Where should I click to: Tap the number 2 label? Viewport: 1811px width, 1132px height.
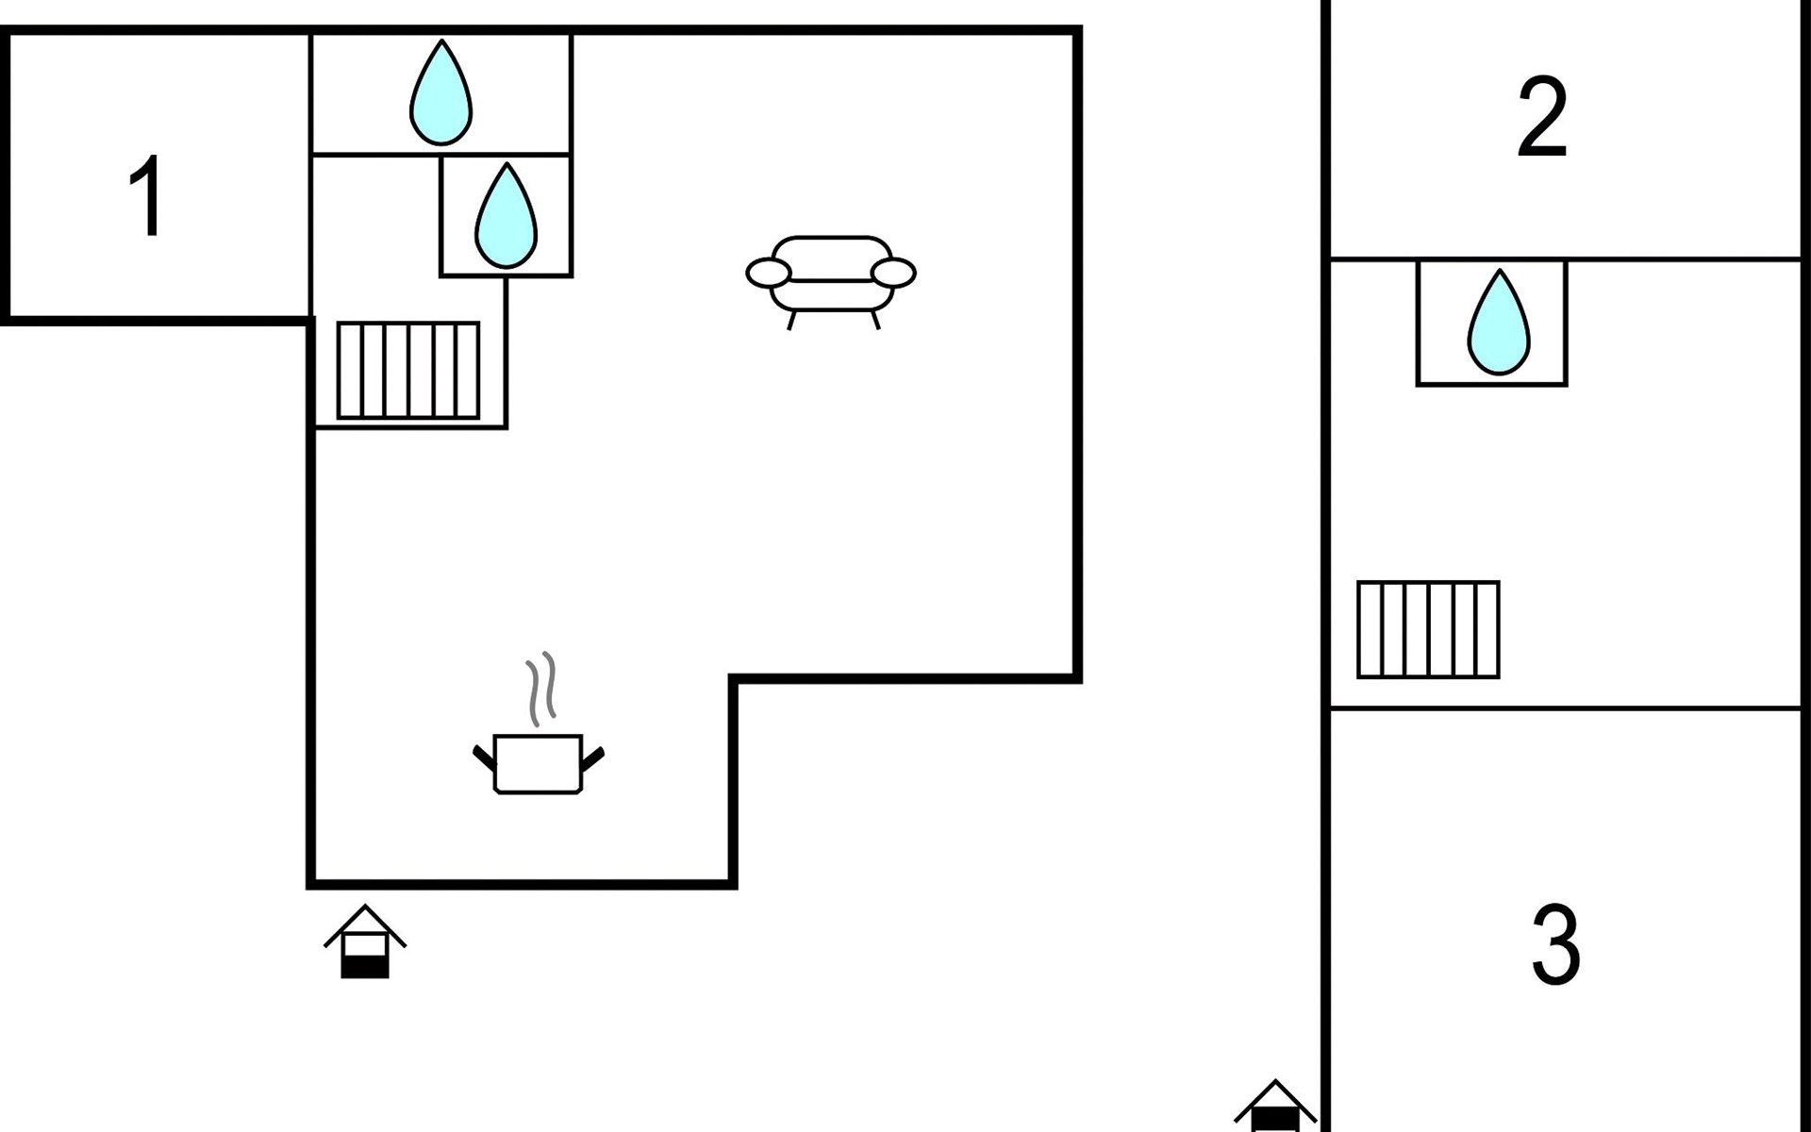1542,117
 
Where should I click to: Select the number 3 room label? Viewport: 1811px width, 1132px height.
1555,943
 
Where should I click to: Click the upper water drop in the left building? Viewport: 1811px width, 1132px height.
440,92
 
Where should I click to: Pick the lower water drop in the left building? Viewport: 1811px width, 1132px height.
506,216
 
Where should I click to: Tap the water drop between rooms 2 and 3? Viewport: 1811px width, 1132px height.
1499,322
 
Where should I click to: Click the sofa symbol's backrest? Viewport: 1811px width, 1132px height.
831,255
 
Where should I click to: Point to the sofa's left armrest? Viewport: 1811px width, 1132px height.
769,274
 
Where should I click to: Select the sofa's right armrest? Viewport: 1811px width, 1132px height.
893,274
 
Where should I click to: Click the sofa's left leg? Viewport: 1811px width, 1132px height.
791,321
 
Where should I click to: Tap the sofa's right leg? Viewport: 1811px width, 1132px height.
875,321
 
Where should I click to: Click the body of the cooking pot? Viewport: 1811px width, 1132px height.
538,764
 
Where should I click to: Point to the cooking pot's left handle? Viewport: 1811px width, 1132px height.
483,757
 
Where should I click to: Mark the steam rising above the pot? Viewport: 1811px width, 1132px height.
540,689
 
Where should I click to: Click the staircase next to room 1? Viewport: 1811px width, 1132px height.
408,370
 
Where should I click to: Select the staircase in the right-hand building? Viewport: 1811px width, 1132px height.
1428,629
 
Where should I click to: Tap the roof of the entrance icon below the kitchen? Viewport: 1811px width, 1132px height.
365,924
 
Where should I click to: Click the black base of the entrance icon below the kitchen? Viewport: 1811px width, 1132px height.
365,967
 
